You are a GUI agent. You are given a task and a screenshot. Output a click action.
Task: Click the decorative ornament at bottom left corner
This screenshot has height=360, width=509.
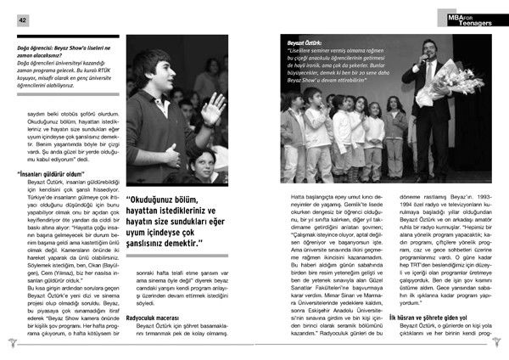(10, 342)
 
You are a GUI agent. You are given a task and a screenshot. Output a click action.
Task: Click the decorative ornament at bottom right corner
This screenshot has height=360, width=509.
(500, 342)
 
